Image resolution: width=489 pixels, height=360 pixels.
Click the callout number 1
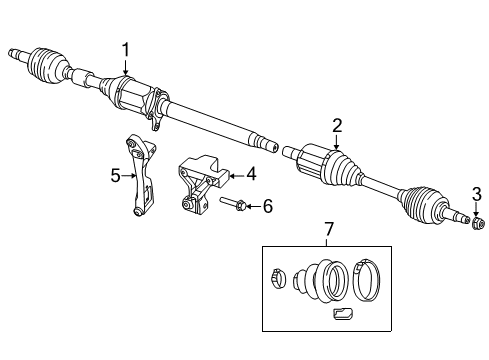[126, 49]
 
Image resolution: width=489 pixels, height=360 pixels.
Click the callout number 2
[337, 125]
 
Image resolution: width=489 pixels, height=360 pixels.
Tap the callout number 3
[477, 193]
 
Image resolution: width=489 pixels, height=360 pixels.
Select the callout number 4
[252, 174]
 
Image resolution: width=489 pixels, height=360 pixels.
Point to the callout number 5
[116, 176]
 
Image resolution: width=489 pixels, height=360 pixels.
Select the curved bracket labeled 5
[138, 180]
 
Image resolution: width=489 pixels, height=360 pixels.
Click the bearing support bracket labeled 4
[200, 180]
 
